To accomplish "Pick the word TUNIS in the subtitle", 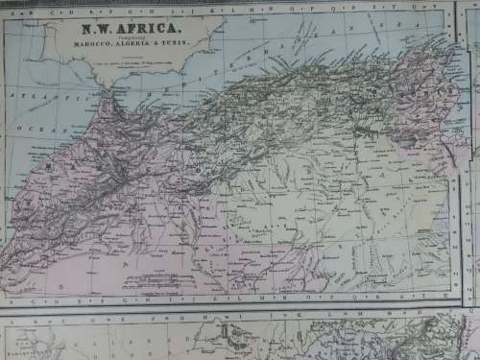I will pyautogui.click(x=171, y=45).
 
